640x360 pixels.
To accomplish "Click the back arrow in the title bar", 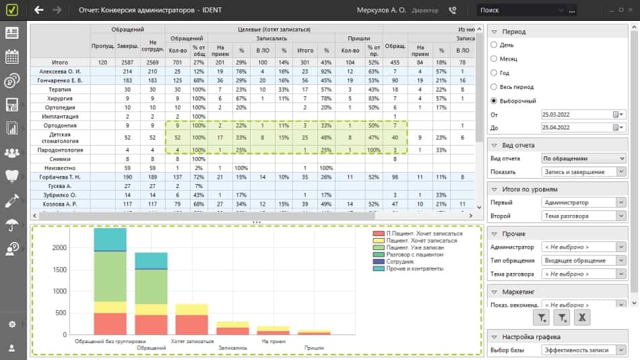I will [x=39, y=10].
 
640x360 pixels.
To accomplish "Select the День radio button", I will [x=495, y=44].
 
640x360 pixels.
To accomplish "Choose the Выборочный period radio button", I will [x=495, y=100].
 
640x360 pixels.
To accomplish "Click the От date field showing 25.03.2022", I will [x=579, y=115].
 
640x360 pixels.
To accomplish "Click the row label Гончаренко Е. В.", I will [x=60, y=80].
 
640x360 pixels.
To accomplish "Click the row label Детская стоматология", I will [x=60, y=138].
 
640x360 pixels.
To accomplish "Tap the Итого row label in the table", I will [x=60, y=62].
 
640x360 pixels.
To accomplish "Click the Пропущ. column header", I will [x=103, y=46].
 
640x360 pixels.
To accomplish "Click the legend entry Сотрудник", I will [x=400, y=262].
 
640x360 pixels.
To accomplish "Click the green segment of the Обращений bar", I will [x=152, y=287].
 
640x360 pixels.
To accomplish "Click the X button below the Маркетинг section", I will [x=583, y=317].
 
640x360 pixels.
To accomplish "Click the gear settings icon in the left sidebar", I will [x=11, y=324].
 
